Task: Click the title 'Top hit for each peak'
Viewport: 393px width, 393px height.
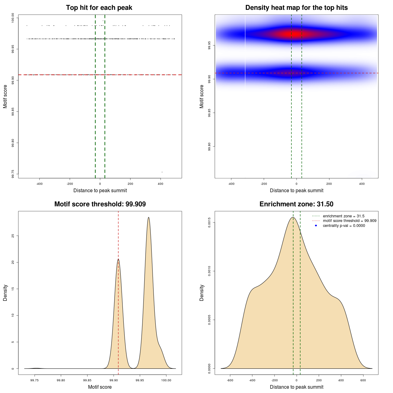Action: coord(99,8)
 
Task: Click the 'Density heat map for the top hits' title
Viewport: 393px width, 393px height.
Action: coord(296,8)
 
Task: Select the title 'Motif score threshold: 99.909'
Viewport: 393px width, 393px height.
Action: coord(100,204)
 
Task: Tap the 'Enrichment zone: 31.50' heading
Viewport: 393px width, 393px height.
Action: coord(296,204)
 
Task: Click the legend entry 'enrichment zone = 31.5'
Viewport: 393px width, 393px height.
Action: coord(344,216)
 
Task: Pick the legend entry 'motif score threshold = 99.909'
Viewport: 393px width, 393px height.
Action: coord(349,221)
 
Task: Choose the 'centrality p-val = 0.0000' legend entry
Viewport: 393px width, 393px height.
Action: coord(344,226)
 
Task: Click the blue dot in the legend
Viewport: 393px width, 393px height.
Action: coord(316,226)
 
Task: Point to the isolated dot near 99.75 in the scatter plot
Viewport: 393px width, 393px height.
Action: coord(162,172)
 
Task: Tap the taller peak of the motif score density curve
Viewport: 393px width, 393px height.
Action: coord(149,217)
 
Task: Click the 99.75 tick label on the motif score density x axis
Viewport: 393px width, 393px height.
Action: coord(35,380)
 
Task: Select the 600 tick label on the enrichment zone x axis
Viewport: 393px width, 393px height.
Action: coord(363,380)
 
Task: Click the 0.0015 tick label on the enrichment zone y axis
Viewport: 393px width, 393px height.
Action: coord(209,222)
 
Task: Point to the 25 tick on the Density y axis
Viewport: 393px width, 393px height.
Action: coord(13,236)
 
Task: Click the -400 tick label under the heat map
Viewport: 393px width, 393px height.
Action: coord(231,184)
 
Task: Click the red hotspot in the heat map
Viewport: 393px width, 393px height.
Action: coord(295,34)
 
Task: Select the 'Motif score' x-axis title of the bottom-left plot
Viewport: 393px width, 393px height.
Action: coord(100,387)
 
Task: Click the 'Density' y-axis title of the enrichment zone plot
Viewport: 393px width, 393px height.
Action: coord(202,293)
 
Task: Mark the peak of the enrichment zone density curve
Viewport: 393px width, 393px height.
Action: coord(293,217)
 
